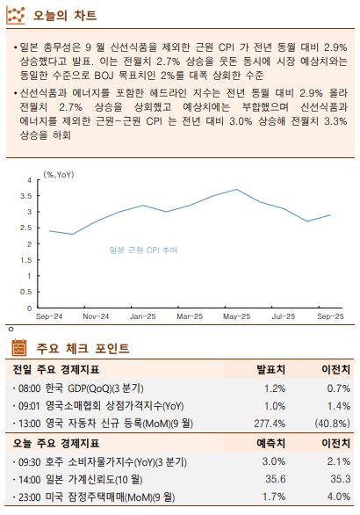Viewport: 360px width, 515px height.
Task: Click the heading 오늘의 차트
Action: [64, 16]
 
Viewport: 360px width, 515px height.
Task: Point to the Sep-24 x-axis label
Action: [49, 316]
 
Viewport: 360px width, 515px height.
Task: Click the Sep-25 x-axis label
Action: [330, 316]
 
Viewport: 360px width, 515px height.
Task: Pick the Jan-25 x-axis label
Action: [143, 316]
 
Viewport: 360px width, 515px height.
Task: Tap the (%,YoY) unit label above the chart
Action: [59, 174]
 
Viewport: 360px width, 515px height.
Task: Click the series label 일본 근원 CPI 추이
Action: [142, 250]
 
